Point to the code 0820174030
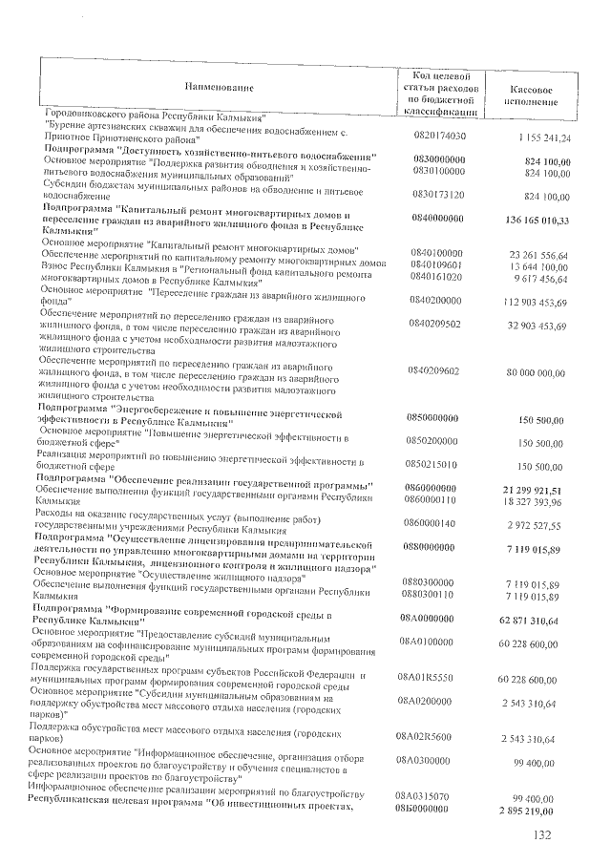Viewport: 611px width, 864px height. (440, 137)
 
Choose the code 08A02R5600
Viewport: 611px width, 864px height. (437, 738)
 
